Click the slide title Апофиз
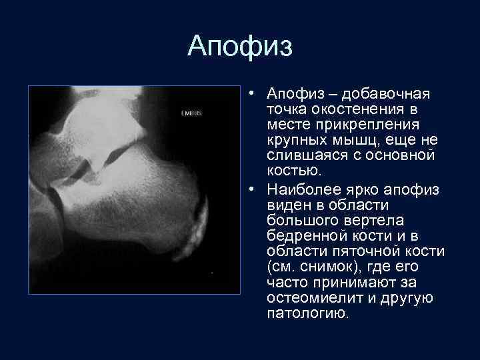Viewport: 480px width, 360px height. [240, 47]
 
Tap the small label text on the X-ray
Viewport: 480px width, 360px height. [191, 114]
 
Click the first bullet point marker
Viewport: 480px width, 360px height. [255, 93]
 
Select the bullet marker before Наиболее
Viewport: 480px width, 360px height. [255, 191]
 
